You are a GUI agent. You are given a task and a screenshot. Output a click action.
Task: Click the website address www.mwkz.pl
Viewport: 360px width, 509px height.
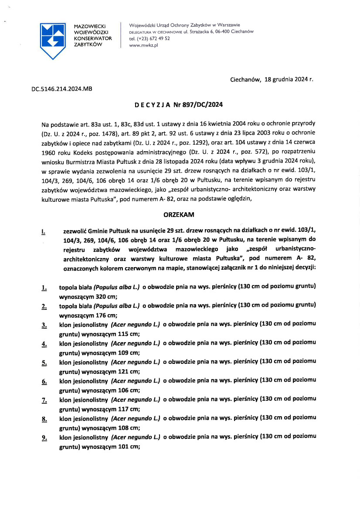click(x=143, y=45)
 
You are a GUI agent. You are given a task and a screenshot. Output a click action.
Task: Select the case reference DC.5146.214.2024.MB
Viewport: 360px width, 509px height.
click(x=62, y=88)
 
